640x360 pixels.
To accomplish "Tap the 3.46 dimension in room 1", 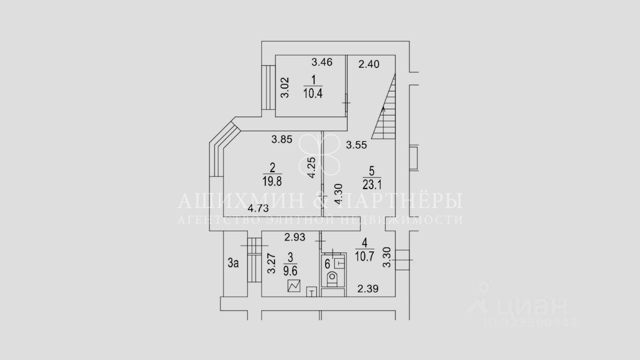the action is pos(322,62).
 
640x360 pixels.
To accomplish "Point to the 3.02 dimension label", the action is pos(284,89).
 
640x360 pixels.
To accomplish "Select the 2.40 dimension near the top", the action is pos(369,63).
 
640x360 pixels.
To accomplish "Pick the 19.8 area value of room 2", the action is pos(272,179).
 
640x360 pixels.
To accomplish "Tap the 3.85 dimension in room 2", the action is pos(281,140).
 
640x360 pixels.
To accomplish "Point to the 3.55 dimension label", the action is pos(357,145).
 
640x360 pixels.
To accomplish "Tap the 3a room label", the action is pos(233,263).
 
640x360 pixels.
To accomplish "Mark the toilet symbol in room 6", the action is pos(331,278).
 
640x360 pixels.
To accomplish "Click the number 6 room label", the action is pos(327,263).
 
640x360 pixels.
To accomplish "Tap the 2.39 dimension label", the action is pos(366,288).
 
